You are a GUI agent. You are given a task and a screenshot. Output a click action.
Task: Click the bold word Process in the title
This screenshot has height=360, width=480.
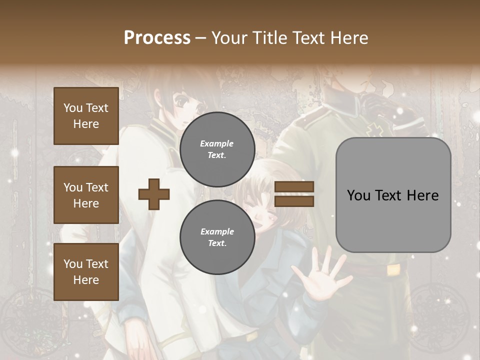pyautogui.click(x=157, y=37)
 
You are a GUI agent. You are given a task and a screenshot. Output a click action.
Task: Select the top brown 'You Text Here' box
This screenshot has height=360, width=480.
pyautogui.click(x=86, y=116)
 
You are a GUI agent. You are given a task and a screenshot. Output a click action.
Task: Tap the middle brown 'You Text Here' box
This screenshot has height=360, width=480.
pyautogui.click(x=86, y=195)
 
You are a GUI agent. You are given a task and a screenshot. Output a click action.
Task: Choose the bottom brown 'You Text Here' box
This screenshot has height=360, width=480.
pyautogui.click(x=86, y=272)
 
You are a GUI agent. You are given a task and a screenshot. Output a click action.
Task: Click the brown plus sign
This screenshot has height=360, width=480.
pyautogui.click(x=154, y=194)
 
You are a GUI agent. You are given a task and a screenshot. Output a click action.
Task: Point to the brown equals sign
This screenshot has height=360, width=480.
pyautogui.click(x=294, y=194)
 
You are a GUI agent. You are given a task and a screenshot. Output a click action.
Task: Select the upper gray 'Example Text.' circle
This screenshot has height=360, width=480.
pyautogui.click(x=217, y=149)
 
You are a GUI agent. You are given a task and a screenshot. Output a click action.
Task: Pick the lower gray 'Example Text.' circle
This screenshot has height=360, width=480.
pyautogui.click(x=217, y=237)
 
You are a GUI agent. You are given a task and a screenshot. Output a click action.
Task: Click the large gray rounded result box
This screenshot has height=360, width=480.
pyautogui.click(x=393, y=195)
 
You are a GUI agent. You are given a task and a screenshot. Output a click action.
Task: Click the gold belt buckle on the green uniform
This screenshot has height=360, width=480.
pyautogui.click(x=394, y=270)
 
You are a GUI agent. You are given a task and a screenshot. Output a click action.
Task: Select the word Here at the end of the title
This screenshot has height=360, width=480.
pyautogui.click(x=348, y=37)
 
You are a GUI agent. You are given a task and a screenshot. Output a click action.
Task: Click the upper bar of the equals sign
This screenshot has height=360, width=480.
pyautogui.click(x=294, y=187)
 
